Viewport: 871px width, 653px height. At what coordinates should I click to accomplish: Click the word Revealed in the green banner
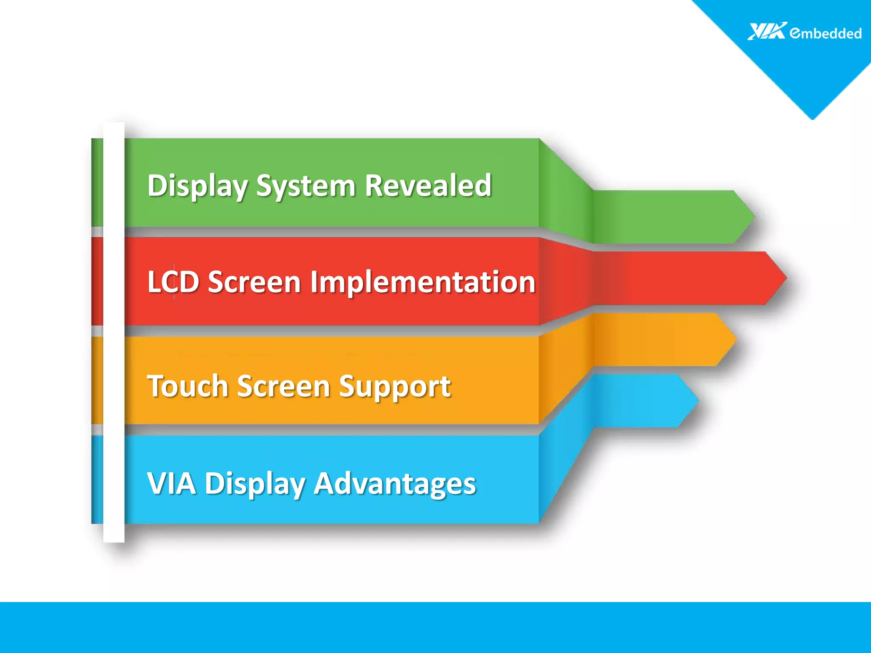click(428, 186)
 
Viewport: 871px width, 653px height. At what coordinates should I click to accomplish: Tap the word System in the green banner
click(305, 187)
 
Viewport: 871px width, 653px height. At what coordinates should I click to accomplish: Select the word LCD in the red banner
click(173, 282)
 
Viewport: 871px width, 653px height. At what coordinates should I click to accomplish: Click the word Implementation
click(422, 283)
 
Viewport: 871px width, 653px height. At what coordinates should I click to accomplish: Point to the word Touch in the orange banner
click(188, 386)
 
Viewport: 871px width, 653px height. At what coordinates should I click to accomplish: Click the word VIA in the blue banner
click(171, 483)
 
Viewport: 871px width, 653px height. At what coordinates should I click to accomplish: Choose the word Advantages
click(395, 485)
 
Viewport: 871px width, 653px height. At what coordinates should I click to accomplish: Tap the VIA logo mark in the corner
click(767, 31)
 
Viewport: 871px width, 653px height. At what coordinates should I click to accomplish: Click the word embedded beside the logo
click(825, 33)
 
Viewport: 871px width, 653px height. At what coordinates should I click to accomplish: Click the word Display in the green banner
click(197, 187)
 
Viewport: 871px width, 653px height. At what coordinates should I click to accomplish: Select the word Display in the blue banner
click(255, 484)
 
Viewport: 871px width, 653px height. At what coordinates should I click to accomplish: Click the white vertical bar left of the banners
click(114, 332)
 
